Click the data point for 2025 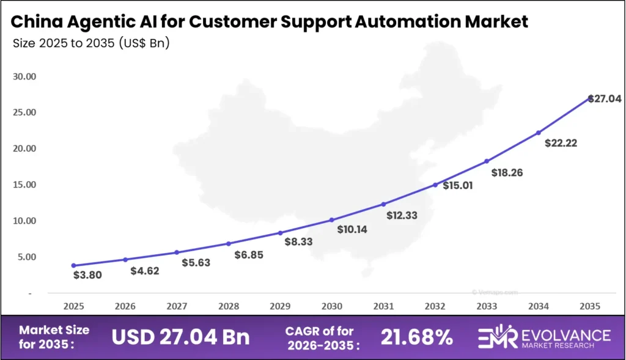pos(74,265)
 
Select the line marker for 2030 pos(332,219)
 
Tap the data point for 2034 pos(539,132)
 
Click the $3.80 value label pos(87,275)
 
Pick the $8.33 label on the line pos(299,242)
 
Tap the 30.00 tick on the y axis pos(24,77)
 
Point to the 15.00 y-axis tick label pos(24,185)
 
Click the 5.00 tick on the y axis pos(26,257)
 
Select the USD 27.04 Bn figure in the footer pos(180,336)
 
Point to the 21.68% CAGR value pos(416,336)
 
